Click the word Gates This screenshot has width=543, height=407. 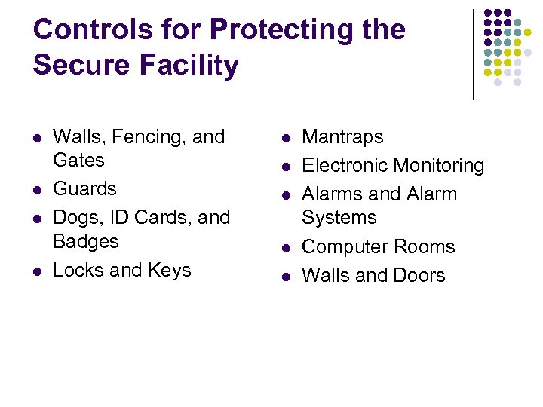click(78, 161)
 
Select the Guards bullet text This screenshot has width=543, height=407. click(84, 188)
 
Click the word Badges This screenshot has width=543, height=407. click(86, 241)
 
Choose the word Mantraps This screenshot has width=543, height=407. click(342, 137)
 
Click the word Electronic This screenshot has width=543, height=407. click(346, 165)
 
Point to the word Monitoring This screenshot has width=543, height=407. click(440, 165)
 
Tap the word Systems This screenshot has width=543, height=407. click(339, 218)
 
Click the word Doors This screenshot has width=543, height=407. click(419, 275)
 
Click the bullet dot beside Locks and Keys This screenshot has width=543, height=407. click(37, 271)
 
